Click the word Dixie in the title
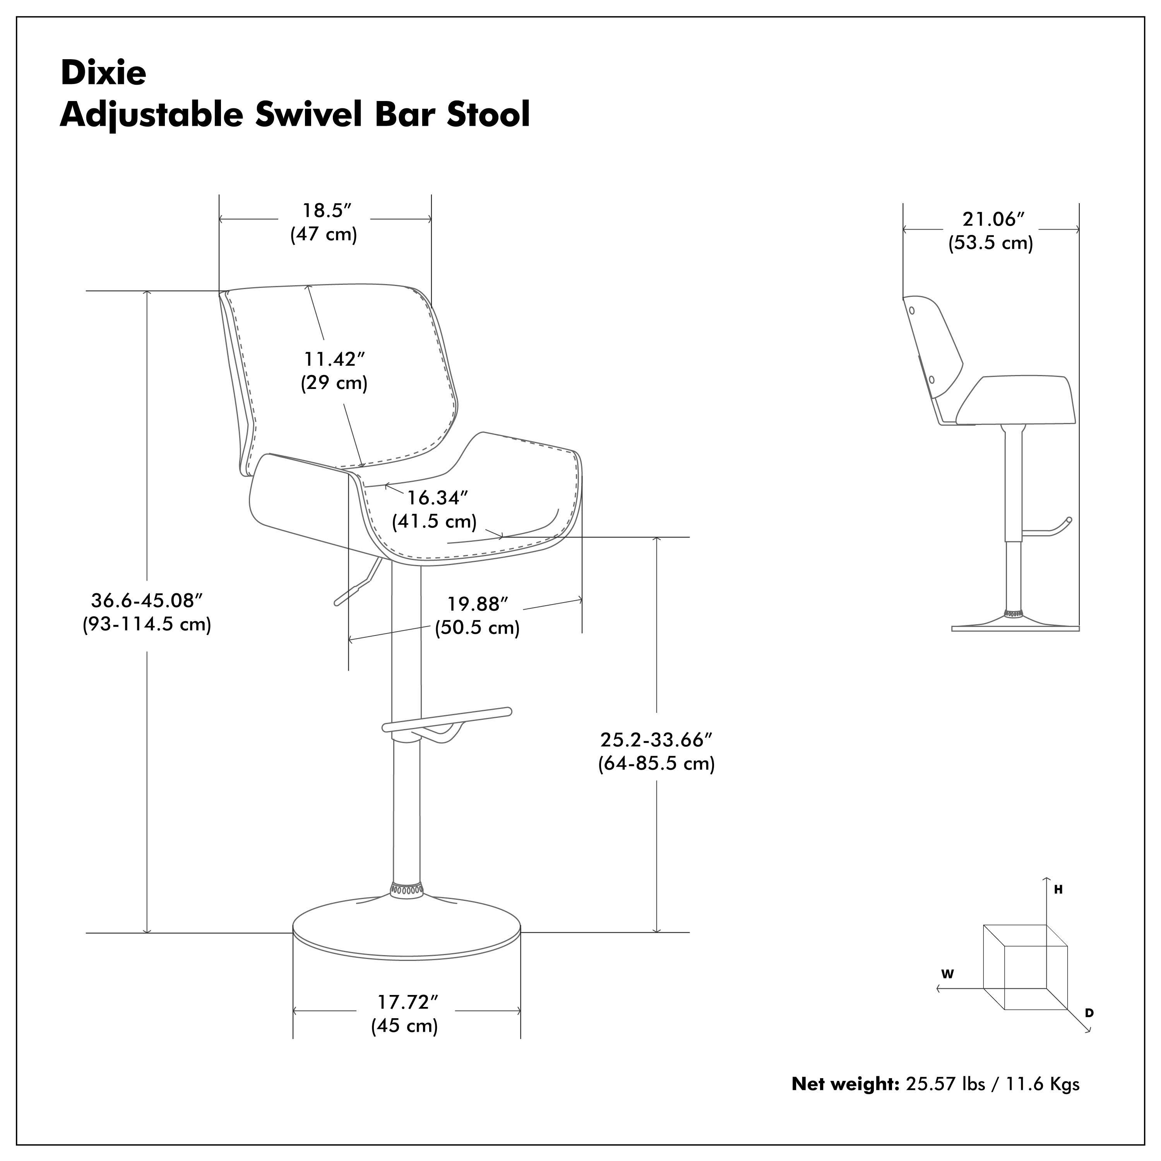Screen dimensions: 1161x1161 click(x=103, y=73)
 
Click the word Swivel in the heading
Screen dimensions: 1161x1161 click(x=308, y=114)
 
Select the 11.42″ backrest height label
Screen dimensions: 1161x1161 click(x=334, y=360)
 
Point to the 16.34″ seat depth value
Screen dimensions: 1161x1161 click(x=437, y=498)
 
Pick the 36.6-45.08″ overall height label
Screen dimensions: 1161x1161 click(x=147, y=600)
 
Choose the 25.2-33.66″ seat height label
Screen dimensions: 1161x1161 click(x=656, y=740)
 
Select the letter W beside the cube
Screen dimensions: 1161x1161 click(x=948, y=974)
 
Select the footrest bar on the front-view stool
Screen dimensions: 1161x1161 click(x=448, y=719)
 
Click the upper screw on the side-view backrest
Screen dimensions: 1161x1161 click(x=912, y=311)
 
